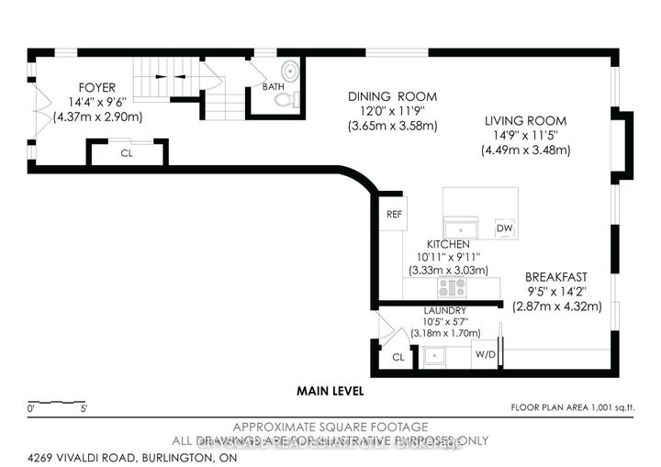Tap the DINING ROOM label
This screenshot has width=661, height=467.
tap(392, 96)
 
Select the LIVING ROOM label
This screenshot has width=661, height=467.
tap(526, 120)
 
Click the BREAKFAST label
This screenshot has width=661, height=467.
tap(555, 276)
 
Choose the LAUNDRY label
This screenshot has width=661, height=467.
tap(444, 310)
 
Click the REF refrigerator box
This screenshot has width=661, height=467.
tap(395, 214)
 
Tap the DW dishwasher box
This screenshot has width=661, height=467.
tap(504, 228)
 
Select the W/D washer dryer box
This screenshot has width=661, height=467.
tap(485, 353)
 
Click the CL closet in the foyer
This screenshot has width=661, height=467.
tap(127, 152)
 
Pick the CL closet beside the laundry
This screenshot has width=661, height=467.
tap(398, 358)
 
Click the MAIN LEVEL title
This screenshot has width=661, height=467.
tap(330, 391)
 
